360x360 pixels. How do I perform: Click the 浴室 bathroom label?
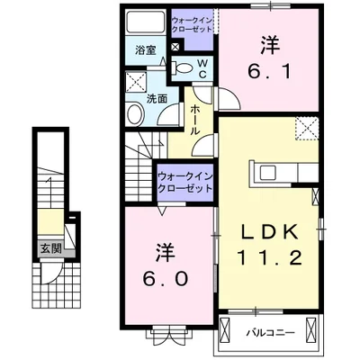coord(145,51)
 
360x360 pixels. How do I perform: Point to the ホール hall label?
coord(196,118)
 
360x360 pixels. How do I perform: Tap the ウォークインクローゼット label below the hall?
coord(185,183)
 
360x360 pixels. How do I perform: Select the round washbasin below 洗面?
coord(135,114)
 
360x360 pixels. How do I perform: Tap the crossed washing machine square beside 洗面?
coord(135,82)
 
